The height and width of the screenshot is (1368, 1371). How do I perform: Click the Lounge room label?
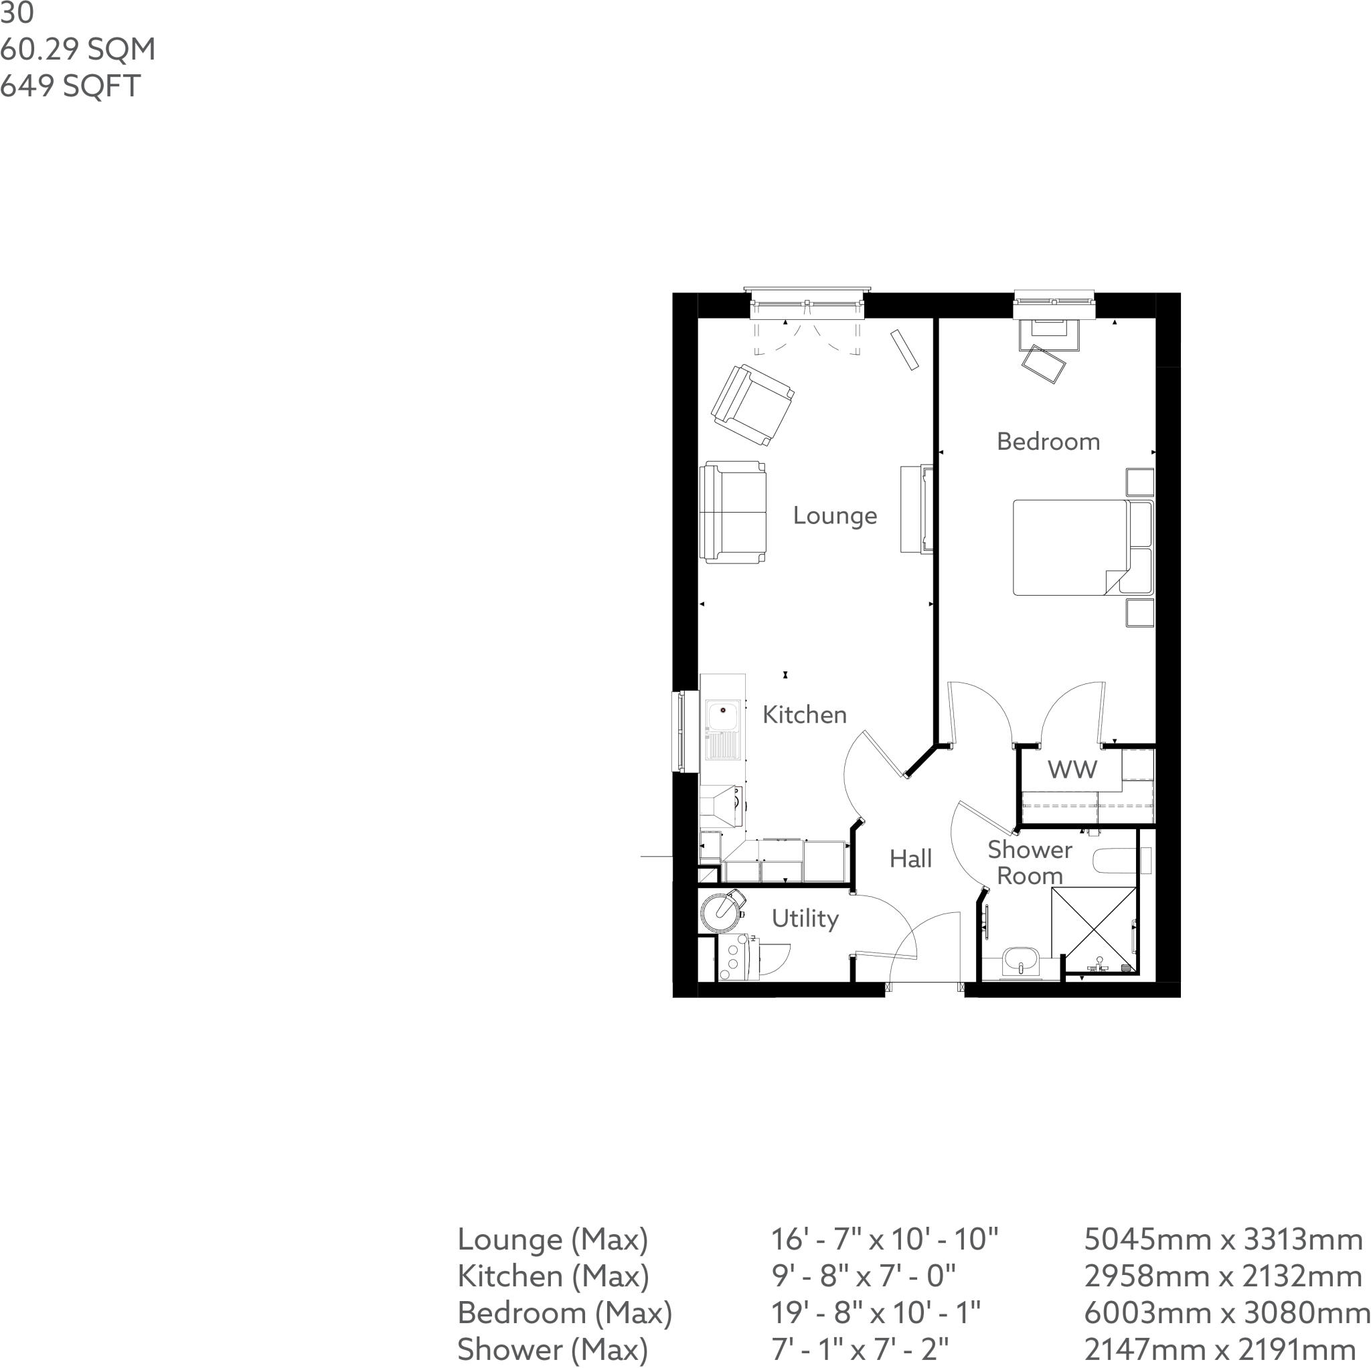835,516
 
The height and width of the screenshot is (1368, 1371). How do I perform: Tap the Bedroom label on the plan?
1048,441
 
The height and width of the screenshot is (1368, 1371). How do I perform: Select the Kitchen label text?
804,715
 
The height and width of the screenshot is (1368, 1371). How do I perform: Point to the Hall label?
910,859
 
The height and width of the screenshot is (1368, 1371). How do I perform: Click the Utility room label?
805,919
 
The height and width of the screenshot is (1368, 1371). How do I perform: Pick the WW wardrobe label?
1072,770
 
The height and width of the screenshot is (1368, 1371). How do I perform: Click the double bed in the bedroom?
1072,547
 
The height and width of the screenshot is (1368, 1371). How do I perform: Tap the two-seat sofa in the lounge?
733,512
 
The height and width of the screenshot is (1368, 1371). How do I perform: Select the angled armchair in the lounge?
752,405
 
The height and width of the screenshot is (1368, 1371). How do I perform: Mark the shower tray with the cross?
1094,929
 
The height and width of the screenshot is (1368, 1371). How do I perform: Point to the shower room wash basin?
1020,963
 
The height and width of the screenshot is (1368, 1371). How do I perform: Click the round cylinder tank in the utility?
720,911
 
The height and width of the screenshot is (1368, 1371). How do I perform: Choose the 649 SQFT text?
70,86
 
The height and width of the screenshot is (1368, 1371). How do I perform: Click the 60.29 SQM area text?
78,50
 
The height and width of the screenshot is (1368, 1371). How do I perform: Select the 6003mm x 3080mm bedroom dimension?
1227,1312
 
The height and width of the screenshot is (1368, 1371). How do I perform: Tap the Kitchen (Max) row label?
553,1276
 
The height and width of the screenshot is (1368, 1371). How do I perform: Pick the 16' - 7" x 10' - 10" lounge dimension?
884,1239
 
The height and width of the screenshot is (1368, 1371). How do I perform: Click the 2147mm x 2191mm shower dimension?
1220,1349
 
